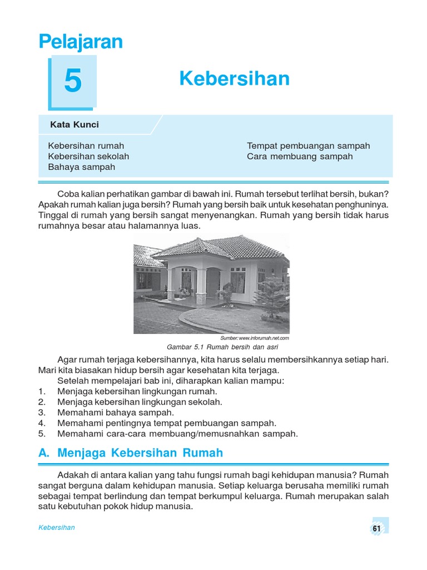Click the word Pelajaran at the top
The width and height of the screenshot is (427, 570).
point(81,42)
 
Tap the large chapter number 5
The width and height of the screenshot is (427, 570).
point(73,82)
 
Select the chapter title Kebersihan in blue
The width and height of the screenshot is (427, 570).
point(234,79)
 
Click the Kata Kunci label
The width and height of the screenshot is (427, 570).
point(75,125)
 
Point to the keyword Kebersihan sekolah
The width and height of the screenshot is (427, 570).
point(88,156)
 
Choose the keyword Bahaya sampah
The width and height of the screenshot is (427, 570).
point(81,167)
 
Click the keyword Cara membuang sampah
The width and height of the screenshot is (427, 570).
point(300,156)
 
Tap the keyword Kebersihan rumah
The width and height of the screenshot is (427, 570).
point(86,146)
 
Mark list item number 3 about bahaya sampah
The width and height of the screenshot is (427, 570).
point(116,412)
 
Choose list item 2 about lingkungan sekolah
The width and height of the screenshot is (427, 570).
point(140,402)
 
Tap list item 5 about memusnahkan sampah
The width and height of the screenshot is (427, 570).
point(177,434)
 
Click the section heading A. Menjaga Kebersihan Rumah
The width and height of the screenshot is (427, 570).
point(131,453)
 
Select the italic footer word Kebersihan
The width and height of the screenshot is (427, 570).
point(57,528)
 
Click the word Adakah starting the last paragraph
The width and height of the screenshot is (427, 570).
point(73,475)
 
